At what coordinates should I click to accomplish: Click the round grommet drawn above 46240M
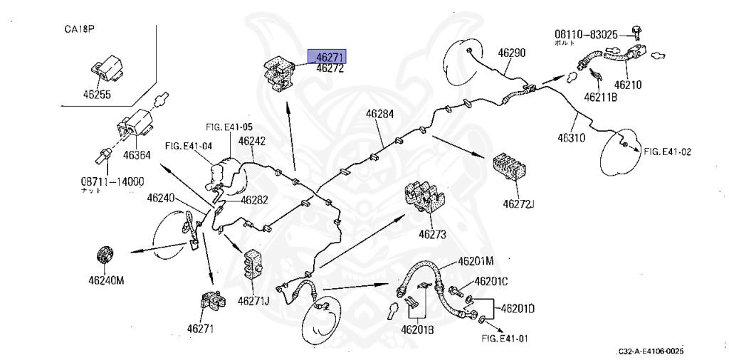[106, 255]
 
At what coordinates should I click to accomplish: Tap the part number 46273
[433, 234]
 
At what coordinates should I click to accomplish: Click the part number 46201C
[491, 282]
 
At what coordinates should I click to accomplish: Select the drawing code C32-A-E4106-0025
[650, 351]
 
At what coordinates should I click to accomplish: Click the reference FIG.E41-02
[668, 152]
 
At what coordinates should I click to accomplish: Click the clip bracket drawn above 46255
[107, 68]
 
